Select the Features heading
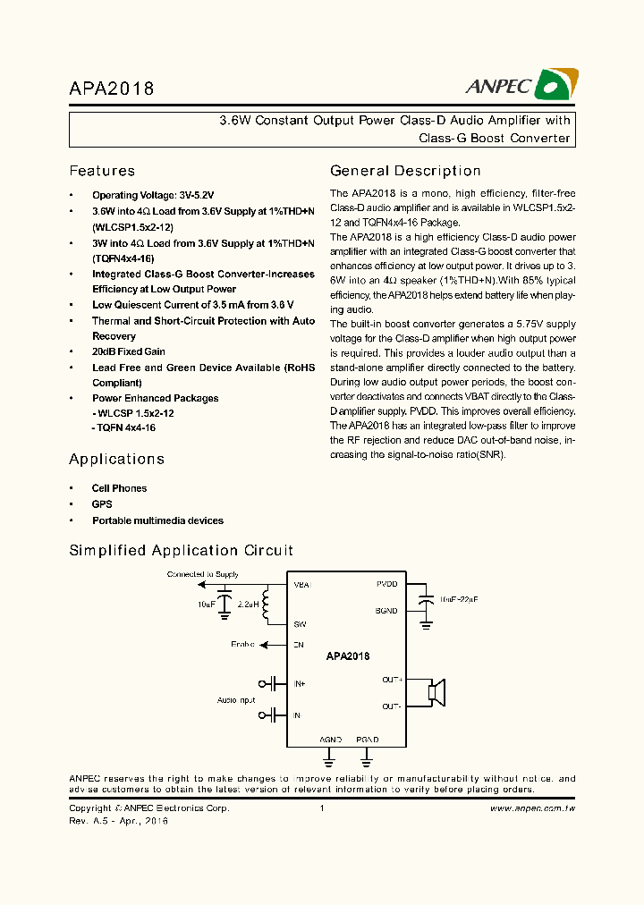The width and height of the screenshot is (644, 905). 102,171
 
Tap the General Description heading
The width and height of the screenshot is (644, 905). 405,171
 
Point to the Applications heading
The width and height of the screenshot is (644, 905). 116,459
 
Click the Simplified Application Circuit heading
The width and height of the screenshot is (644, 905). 181,551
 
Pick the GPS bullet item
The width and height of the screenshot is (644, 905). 102,504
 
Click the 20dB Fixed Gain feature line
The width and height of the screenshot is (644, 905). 129,351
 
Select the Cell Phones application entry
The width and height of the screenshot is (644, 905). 119,488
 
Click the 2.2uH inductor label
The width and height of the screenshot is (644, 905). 248,605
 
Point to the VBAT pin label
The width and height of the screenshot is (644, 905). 301,585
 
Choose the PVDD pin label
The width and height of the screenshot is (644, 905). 386,584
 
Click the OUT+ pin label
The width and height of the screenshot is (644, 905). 392,680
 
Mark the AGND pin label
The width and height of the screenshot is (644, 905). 330,740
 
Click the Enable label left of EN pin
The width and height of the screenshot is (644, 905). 242,644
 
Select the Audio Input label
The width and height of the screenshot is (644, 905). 236,700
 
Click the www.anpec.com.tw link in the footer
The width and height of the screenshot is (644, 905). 532,808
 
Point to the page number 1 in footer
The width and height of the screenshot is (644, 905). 321,808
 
